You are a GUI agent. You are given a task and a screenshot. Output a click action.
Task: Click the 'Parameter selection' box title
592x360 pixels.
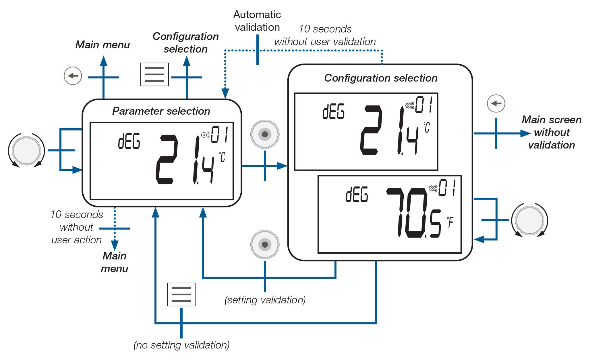[161, 111]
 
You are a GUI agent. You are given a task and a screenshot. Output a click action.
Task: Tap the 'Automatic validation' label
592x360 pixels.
[257, 21]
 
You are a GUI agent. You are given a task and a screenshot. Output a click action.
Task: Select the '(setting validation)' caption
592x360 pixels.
[265, 300]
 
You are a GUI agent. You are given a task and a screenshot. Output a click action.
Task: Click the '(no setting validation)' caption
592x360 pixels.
[181, 345]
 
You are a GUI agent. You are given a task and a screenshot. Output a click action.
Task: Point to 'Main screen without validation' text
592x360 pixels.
[552, 132]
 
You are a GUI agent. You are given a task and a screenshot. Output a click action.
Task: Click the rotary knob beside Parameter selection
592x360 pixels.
[26, 151]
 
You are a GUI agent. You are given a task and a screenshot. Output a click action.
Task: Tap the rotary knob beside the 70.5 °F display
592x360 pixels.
[529, 220]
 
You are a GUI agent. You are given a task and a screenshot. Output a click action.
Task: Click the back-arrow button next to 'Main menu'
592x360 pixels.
[73, 76]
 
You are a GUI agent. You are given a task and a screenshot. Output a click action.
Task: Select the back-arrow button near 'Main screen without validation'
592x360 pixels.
[496, 103]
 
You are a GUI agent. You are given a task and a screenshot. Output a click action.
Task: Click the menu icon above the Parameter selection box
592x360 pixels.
[154, 74]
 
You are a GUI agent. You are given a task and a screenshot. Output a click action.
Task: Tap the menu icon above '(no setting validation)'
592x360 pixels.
[181, 294]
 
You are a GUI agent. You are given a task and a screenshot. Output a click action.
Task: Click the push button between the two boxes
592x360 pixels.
[265, 134]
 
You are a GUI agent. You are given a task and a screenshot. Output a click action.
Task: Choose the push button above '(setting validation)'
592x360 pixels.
[265, 245]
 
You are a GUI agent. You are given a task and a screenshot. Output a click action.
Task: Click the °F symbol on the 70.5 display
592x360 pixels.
[450, 222]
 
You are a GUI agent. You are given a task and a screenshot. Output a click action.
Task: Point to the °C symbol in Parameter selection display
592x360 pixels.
[223, 157]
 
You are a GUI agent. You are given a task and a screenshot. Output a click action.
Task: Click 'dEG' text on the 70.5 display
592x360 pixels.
[357, 195]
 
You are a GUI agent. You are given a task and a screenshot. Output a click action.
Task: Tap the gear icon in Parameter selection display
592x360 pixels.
[205, 135]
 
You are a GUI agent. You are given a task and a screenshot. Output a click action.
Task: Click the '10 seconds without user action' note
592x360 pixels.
[76, 227]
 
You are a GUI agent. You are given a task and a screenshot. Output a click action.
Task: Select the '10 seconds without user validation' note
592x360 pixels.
[325, 35]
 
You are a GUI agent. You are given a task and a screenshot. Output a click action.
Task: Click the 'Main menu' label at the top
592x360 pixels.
[102, 45]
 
